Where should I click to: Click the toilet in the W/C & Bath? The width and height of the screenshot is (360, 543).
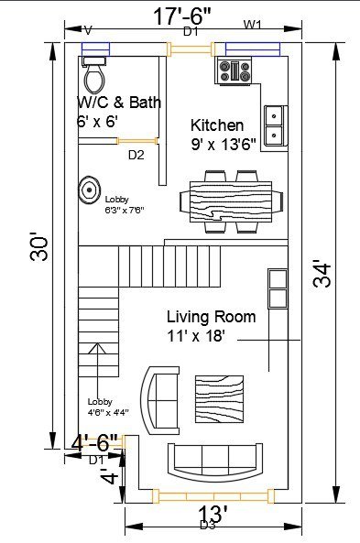tap(94, 75)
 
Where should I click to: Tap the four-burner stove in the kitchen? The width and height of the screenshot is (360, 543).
tap(235, 71)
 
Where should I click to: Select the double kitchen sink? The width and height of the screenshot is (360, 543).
tap(276, 125)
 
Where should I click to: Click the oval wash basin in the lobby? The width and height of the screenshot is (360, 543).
tap(89, 190)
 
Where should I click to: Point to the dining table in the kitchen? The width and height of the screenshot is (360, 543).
tap(231, 201)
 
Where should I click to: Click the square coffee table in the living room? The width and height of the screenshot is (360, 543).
tap(219, 399)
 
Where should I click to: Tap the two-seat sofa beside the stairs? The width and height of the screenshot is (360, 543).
tap(161, 400)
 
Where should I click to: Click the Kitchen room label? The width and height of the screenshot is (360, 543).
tap(217, 125)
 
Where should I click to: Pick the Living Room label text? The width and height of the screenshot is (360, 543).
tap(212, 317)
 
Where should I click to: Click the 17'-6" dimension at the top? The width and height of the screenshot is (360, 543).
tap(182, 16)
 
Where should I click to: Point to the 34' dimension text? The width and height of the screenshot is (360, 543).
tap(322, 276)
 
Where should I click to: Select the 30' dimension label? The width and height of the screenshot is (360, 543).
tap(38, 248)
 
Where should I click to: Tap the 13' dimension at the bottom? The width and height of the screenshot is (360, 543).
tap(213, 514)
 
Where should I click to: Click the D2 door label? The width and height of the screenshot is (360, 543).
tap(136, 155)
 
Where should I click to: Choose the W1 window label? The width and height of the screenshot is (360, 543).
tap(253, 25)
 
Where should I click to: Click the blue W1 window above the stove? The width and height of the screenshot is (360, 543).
tap(253, 49)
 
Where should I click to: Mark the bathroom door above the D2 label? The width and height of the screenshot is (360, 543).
tap(136, 141)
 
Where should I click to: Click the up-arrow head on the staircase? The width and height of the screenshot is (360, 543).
tap(97, 348)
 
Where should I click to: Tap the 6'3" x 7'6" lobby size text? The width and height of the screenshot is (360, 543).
tap(125, 210)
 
